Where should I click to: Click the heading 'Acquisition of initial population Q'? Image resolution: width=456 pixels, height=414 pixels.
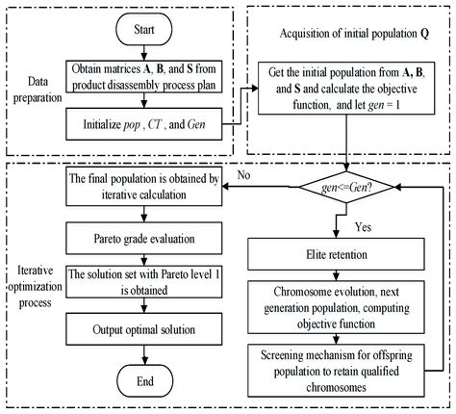tap(350, 37)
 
